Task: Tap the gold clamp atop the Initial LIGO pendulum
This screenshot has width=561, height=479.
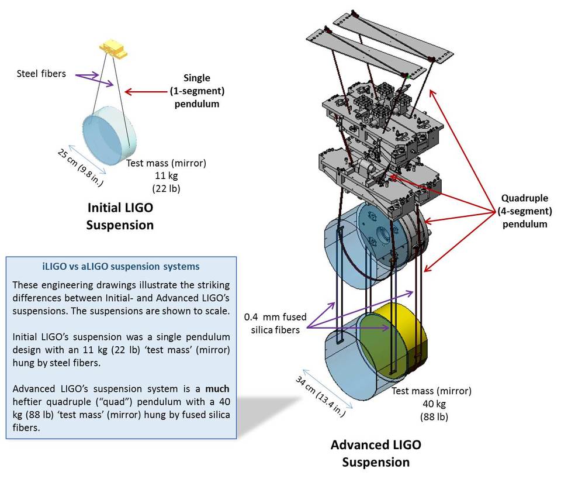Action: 115,49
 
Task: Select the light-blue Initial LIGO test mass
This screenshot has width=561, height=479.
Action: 112,129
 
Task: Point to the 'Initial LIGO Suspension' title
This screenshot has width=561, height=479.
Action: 120,216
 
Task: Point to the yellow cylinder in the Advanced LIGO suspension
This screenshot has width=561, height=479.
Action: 403,339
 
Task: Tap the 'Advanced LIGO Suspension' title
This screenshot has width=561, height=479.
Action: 376,453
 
